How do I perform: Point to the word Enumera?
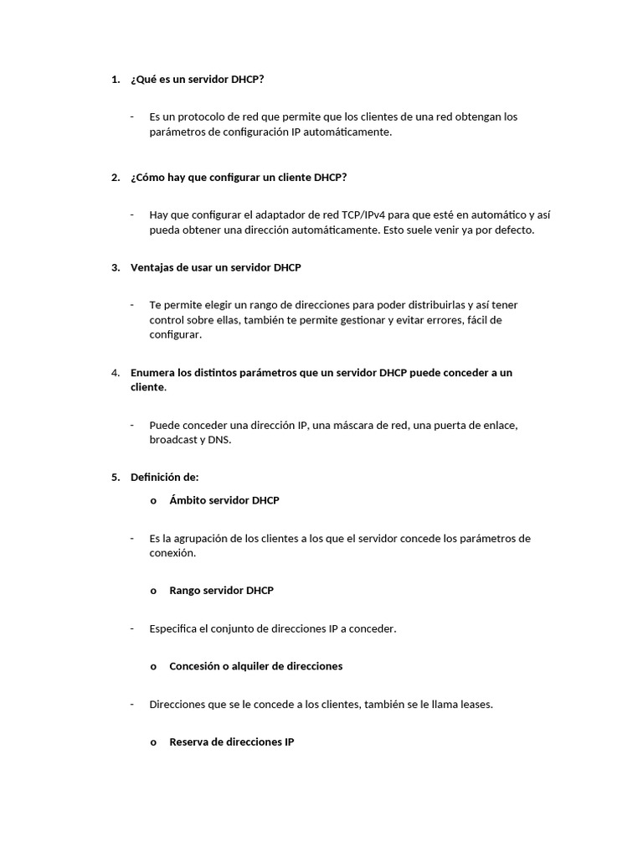152,372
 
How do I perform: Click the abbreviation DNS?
219,440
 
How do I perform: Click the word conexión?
172,553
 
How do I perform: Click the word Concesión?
194,666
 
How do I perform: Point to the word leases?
475,704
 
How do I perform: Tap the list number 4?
114,372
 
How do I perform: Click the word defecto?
512,230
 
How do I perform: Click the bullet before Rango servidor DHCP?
153,591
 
